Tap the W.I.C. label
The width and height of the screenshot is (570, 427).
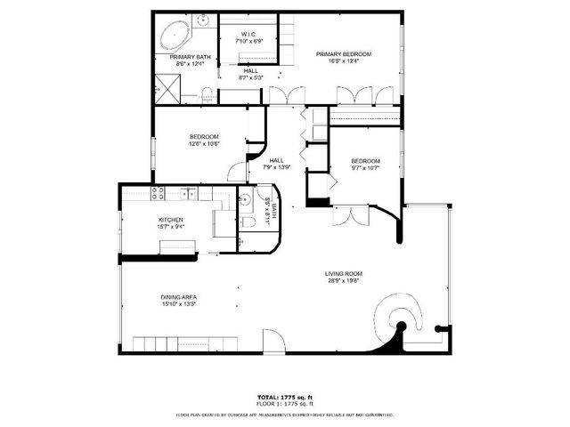tap(249, 34)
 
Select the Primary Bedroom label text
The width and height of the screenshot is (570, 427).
tap(344, 54)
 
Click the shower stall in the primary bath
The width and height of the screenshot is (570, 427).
tap(166, 86)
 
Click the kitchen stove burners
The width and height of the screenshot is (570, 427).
tap(158, 192)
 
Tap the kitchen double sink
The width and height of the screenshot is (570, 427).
tap(190, 193)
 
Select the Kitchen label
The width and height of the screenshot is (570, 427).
tap(171, 220)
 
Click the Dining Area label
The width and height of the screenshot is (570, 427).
tap(178, 296)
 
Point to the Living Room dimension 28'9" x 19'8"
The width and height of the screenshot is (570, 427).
tap(344, 281)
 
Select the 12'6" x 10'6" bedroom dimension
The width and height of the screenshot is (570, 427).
tap(203, 143)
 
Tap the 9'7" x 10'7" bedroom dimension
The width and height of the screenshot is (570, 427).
tap(364, 167)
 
